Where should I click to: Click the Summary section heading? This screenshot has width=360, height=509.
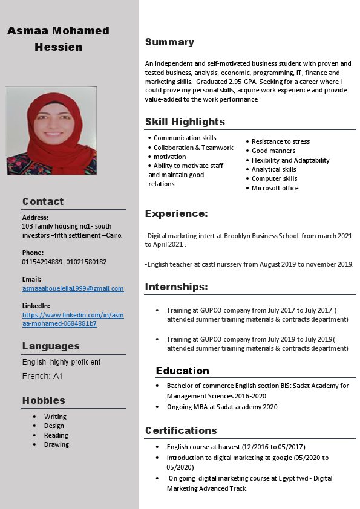pyautogui.click(x=169, y=42)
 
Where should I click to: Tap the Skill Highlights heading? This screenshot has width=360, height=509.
pyautogui.click(x=185, y=122)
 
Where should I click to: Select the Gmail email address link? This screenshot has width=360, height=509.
pyautogui.click(x=73, y=288)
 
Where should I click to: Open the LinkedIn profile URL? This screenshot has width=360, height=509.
pyautogui.click(x=73, y=319)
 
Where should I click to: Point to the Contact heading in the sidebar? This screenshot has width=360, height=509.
pyautogui.click(x=43, y=201)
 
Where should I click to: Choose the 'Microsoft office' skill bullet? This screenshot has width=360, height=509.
pyautogui.click(x=275, y=188)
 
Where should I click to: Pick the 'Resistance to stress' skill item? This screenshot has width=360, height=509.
pyautogui.click(x=280, y=141)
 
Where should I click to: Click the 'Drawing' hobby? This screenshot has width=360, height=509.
pyautogui.click(x=56, y=444)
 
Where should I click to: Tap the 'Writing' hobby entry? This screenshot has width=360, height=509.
pyautogui.click(x=55, y=417)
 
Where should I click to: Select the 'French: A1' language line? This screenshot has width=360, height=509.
pyautogui.click(x=43, y=376)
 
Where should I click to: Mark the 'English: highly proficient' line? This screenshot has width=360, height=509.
pyautogui.click(x=61, y=362)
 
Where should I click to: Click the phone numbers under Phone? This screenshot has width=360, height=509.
pyautogui.click(x=64, y=262)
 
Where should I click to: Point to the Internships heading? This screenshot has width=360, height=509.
pyautogui.click(x=176, y=287)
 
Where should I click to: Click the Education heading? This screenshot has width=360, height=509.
pyautogui.click(x=182, y=371)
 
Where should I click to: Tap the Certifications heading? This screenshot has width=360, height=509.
pyautogui.click(x=181, y=430)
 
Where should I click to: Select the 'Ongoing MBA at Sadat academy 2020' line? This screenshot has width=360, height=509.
pyautogui.click(x=221, y=407)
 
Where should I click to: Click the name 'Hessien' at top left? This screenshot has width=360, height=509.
pyautogui.click(x=58, y=47)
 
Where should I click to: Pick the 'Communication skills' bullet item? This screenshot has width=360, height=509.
pyautogui.click(x=185, y=138)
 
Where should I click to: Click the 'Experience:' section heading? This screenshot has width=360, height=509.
pyautogui.click(x=176, y=213)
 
